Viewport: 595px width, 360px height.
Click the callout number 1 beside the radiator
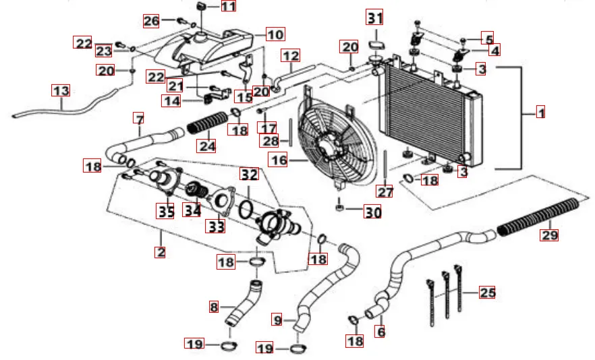click(x=540, y=113)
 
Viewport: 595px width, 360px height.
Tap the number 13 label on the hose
click(x=61, y=90)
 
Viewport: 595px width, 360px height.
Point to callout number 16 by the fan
click(x=278, y=160)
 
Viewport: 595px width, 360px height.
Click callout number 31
click(x=374, y=16)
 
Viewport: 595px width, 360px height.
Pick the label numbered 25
click(x=487, y=292)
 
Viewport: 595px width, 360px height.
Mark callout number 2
click(x=160, y=252)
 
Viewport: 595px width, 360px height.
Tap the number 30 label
click(x=372, y=212)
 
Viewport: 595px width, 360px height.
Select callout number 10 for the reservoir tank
click(x=275, y=33)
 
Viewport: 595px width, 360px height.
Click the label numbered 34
click(x=193, y=210)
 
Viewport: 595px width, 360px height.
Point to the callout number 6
click(x=381, y=332)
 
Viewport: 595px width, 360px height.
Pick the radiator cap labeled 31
click(x=374, y=46)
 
